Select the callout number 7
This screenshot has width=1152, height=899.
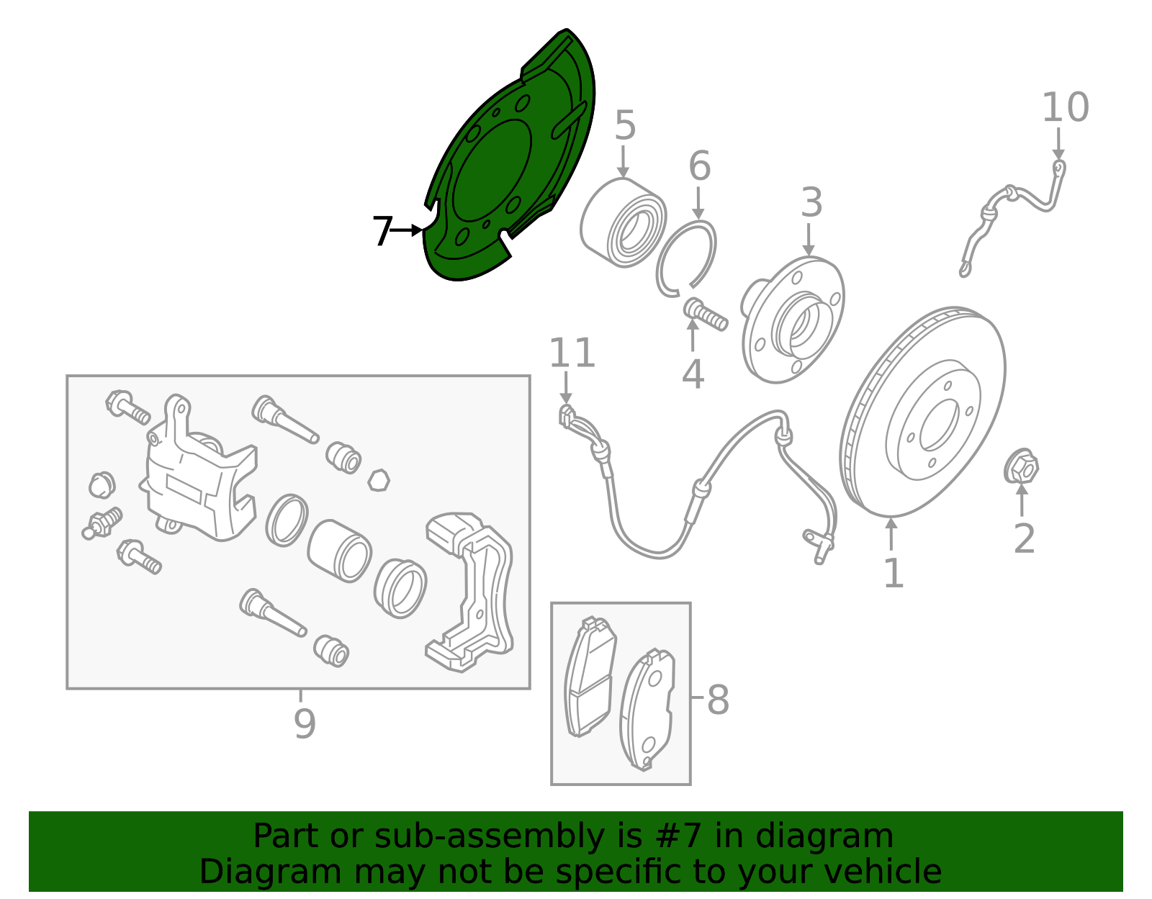coord(382,231)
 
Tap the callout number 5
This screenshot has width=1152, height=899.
coord(625,126)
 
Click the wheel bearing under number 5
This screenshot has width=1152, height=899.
coord(623,223)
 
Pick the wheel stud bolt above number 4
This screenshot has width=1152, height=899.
coord(705,315)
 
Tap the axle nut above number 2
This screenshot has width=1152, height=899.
coord(1021,467)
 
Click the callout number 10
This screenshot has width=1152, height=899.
coord(1065,108)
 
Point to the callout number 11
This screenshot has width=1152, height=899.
coord(572,353)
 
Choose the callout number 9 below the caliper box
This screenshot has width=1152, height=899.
coord(305,723)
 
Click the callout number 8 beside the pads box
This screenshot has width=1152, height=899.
coord(717,700)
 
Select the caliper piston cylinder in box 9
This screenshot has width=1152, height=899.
coord(339,550)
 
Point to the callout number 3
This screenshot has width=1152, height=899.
coord(811,203)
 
